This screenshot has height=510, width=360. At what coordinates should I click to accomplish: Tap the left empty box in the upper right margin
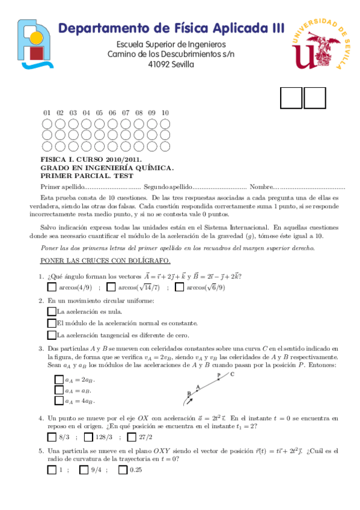[x=291, y=98]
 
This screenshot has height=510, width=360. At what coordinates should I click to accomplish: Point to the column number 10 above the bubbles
[x=165, y=112]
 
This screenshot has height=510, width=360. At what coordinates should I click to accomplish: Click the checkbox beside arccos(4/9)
[x=52, y=287]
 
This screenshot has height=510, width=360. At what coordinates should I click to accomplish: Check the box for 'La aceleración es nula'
[x=51, y=312]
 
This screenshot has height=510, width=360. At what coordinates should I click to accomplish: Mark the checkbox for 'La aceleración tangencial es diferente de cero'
[x=51, y=334]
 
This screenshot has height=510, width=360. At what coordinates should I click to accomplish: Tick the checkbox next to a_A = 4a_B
[x=59, y=401]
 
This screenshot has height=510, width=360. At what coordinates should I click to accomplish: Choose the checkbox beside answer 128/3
[x=89, y=437]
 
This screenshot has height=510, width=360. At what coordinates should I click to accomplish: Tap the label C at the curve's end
[x=232, y=374]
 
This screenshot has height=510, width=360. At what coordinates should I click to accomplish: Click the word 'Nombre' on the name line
[x=261, y=188]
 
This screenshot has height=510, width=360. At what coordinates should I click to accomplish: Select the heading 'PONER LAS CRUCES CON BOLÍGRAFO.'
[x=105, y=260]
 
